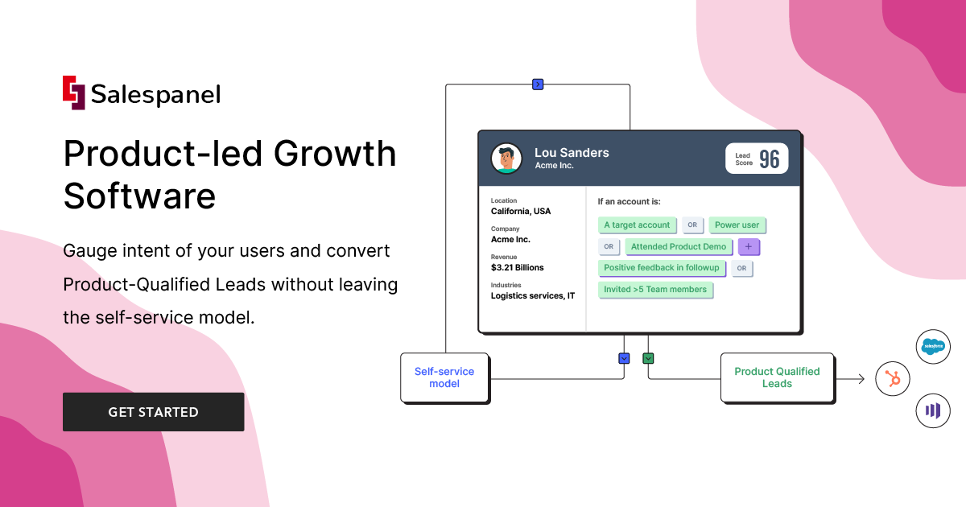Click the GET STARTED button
pos(153,412)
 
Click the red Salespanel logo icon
pos(73,92)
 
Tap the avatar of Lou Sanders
pos(506,159)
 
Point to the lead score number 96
pos(770,159)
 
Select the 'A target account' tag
pos(637,225)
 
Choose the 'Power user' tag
pos(737,225)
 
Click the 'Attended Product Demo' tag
pos(679,247)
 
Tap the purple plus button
pos(749,247)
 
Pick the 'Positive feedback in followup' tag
pos(663,268)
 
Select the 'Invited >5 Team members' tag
pos(655,290)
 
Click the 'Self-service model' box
pos(444,377)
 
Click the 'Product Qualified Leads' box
pos(777,377)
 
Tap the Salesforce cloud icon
pos(934,347)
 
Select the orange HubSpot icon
pos(893,378)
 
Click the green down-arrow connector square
pos(648,358)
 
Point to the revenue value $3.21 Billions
pos(518,267)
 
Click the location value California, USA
pos(521,212)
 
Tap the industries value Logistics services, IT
pos(533,295)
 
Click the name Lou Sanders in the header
pos(572,153)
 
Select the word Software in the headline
pos(139,196)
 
